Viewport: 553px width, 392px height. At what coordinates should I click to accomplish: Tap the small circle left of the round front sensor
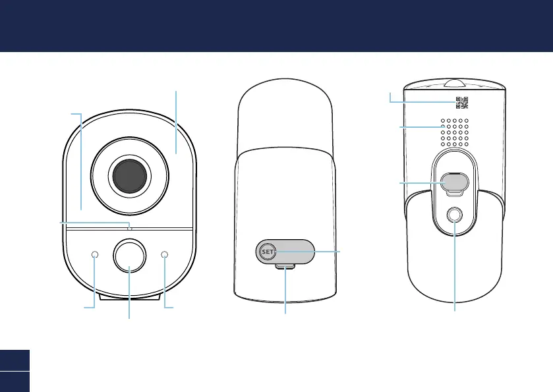click(x=95, y=255)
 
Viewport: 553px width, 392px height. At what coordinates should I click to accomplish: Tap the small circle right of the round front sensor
click(x=164, y=255)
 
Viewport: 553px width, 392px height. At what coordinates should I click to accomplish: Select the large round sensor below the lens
click(x=129, y=256)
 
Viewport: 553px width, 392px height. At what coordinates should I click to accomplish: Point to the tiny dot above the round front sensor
click(x=130, y=228)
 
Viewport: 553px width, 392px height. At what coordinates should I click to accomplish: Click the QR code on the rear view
click(x=461, y=102)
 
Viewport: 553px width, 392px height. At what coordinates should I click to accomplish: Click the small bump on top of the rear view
click(x=454, y=84)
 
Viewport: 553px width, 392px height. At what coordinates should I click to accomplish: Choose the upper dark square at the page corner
click(x=15, y=360)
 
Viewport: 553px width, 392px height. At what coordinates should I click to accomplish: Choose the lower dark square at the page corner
click(x=15, y=381)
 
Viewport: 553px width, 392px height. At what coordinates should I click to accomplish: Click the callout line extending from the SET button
click(x=326, y=252)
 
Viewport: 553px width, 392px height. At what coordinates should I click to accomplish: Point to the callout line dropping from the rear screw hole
click(x=455, y=277)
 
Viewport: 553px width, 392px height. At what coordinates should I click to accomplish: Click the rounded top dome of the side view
click(x=286, y=112)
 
